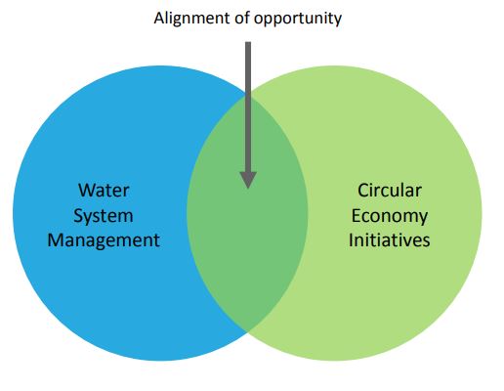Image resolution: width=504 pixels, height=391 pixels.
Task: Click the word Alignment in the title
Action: pyautogui.click(x=192, y=19)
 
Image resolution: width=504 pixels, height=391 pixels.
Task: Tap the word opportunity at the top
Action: pyautogui.click(x=298, y=20)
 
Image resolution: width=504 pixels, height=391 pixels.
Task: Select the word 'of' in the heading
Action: pyautogui.click(x=242, y=18)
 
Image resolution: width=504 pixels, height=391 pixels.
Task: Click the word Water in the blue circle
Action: pyautogui.click(x=104, y=191)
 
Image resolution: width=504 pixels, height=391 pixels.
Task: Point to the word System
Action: pyautogui.click(x=104, y=216)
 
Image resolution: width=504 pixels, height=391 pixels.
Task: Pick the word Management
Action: pyautogui.click(x=104, y=241)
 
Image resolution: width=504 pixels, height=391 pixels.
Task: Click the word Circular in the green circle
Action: pyautogui.click(x=390, y=191)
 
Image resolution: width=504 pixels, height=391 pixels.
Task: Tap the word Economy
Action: pyautogui.click(x=390, y=216)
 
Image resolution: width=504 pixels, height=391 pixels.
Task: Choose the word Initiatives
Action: pyautogui.click(x=390, y=240)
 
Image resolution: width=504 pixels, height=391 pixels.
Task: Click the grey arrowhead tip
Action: pyautogui.click(x=248, y=189)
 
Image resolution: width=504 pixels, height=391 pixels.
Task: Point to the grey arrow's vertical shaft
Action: pyautogui.click(x=248, y=107)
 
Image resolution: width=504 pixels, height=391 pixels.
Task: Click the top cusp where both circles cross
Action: pyautogui.click(x=247, y=95)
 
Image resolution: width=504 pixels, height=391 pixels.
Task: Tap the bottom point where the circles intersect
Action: pyautogui.click(x=247, y=331)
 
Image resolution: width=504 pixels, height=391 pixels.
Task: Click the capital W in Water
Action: pyautogui.click(x=87, y=191)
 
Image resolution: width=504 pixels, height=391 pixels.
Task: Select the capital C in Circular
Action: pyautogui.click(x=363, y=191)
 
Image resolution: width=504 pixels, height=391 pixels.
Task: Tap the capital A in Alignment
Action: pyautogui.click(x=160, y=19)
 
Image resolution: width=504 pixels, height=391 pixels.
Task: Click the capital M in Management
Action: pyautogui.click(x=57, y=240)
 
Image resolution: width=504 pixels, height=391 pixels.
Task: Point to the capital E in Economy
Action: pyautogui.click(x=356, y=215)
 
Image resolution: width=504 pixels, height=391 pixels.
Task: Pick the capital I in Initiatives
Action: pyautogui.click(x=351, y=240)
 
